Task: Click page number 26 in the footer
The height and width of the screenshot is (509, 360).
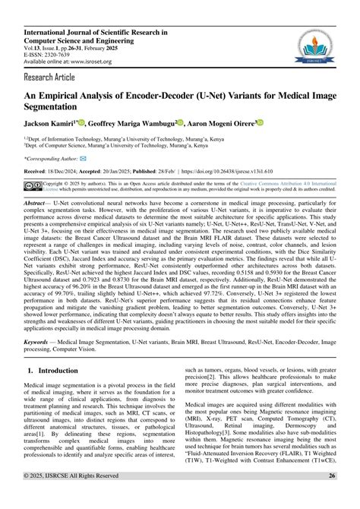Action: (x=332, y=498)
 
